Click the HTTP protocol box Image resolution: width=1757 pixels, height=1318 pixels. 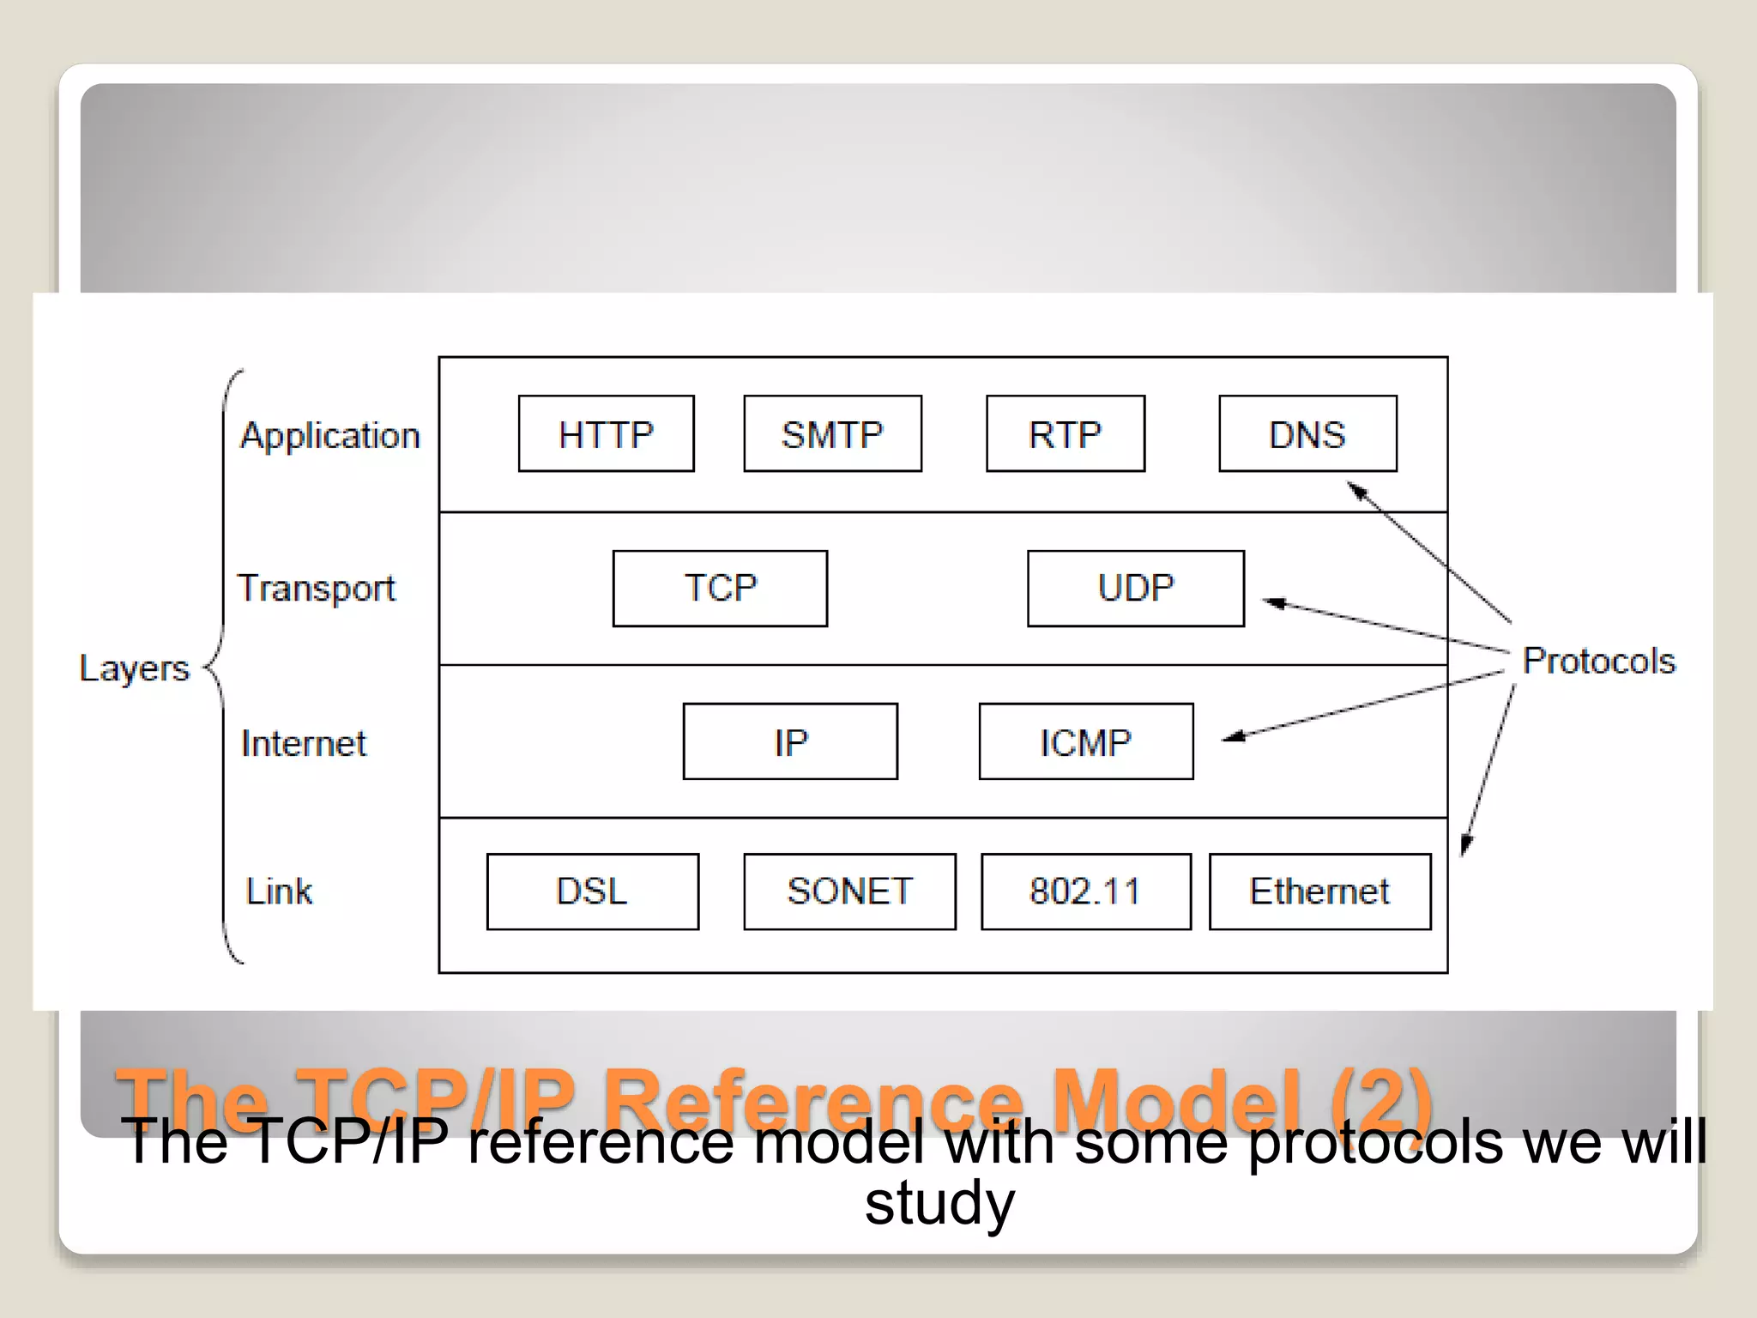[x=606, y=433]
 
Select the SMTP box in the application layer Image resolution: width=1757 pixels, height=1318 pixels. [x=832, y=433]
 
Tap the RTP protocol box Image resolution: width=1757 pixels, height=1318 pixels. [x=1065, y=433]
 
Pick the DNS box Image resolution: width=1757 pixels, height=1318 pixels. [x=1307, y=433]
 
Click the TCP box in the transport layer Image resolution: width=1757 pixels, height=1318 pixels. [x=720, y=589]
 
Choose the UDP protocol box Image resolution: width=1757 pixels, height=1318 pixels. [x=1135, y=589]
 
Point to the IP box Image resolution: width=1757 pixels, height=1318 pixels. [x=790, y=741]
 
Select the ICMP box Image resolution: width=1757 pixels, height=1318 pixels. [x=1085, y=741]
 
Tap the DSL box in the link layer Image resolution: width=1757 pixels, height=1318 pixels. [x=592, y=892]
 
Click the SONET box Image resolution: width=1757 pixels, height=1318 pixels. [x=849, y=892]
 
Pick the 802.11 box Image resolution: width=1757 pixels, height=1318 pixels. [x=1085, y=892]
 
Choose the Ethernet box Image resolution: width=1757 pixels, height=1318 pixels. [x=1319, y=892]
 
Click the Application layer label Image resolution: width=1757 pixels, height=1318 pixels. [x=330, y=436]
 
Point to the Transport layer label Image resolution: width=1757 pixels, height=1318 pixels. [x=317, y=589]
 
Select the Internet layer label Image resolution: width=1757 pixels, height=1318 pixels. [x=304, y=743]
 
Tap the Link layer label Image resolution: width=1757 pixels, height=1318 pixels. [x=279, y=892]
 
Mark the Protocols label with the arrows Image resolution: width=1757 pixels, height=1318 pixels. [x=1598, y=662]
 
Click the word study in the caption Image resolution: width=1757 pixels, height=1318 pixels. [x=939, y=1203]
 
